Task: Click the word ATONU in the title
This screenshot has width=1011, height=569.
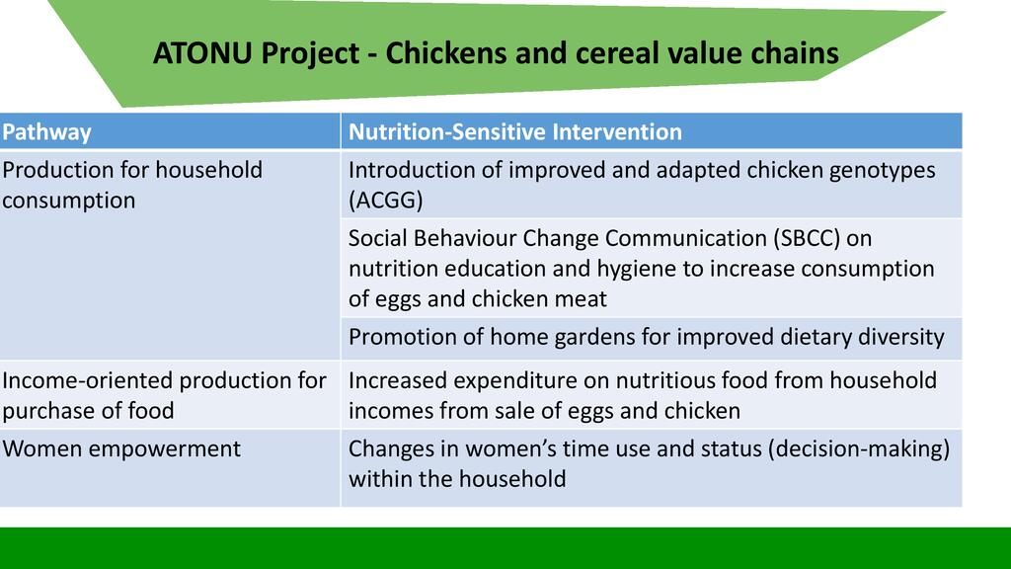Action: click(201, 53)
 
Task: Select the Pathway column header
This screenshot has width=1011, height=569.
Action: click(46, 132)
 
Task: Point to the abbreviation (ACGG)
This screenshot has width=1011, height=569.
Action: click(386, 200)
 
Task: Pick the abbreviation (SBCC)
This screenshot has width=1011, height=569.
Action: click(807, 238)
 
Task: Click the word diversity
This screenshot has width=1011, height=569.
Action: click(900, 338)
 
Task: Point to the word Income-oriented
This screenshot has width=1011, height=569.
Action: click(87, 380)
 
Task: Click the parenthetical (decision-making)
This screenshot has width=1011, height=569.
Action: click(858, 449)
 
